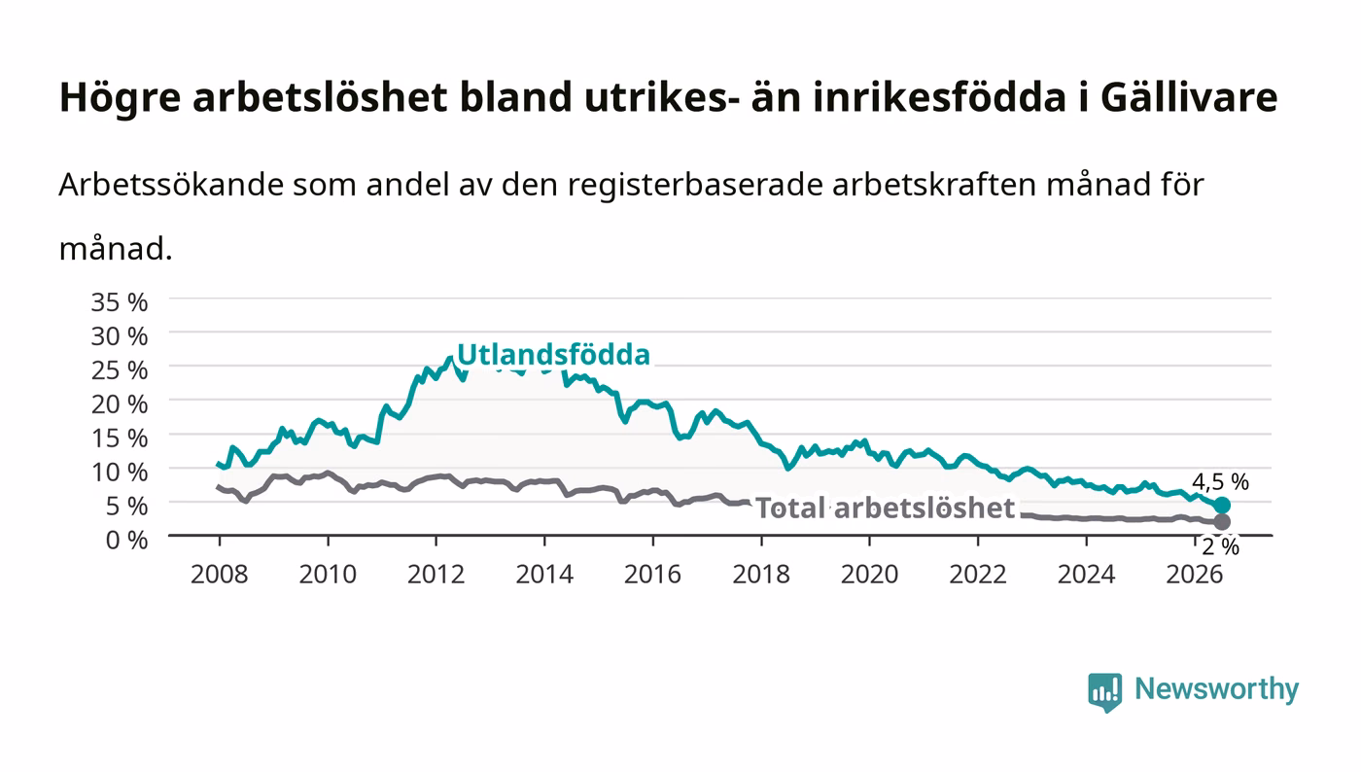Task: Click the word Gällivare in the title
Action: click(1189, 97)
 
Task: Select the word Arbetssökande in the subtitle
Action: click(171, 184)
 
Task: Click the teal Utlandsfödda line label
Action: click(553, 354)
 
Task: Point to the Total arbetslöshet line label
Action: click(886, 508)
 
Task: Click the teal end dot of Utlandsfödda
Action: click(1222, 506)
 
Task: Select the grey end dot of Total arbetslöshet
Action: click(1222, 521)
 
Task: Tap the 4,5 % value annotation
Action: click(1220, 482)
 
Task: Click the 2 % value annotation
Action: click(1221, 547)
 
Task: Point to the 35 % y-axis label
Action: click(120, 302)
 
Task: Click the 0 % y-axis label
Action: click(127, 540)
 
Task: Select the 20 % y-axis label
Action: click(120, 404)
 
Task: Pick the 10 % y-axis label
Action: click(120, 473)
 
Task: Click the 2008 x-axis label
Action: click(220, 575)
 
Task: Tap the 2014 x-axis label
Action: click(544, 575)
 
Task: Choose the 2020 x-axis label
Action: click(869, 575)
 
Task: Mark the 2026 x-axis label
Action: click(1195, 575)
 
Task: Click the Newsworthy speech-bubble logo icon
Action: click(1104, 691)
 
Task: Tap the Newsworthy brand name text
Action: click(1217, 688)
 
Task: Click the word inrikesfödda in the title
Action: click(940, 97)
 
